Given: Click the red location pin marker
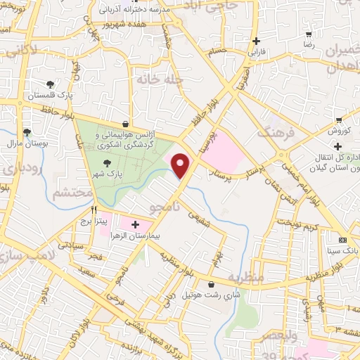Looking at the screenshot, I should [x=181, y=166].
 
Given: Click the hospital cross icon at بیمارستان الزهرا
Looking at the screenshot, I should [x=135, y=226].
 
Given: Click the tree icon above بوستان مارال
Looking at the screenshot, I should [x=27, y=131].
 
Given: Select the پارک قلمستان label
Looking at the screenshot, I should [x=45, y=94].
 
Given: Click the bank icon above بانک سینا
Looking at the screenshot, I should [x=342, y=238].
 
